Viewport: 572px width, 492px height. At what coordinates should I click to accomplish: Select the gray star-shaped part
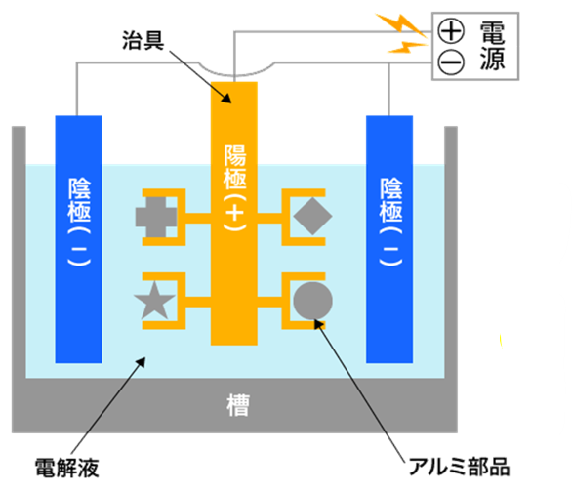pyautogui.click(x=156, y=299)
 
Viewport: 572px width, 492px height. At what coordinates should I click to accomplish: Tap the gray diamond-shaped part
pyautogui.click(x=312, y=215)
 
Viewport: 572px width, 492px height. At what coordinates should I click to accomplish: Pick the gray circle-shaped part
pyautogui.click(x=312, y=300)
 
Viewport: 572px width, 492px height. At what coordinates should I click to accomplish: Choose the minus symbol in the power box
pyautogui.click(x=453, y=61)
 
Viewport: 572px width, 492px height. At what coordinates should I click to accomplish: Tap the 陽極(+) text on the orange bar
pyautogui.click(x=234, y=185)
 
